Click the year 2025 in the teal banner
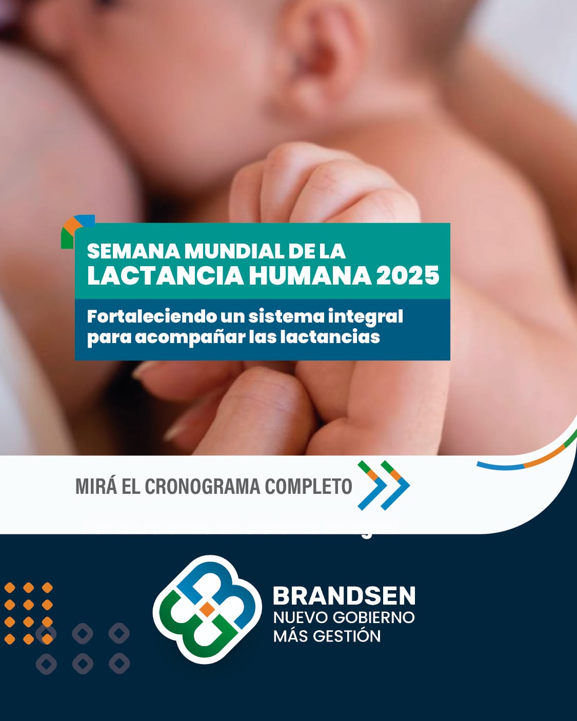coord(407,275)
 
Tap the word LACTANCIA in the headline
coord(166,275)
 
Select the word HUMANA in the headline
coord(310,275)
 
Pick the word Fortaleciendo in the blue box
coord(151,316)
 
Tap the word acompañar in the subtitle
coord(190,337)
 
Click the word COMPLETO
coord(308,486)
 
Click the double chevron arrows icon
coord(384,486)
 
